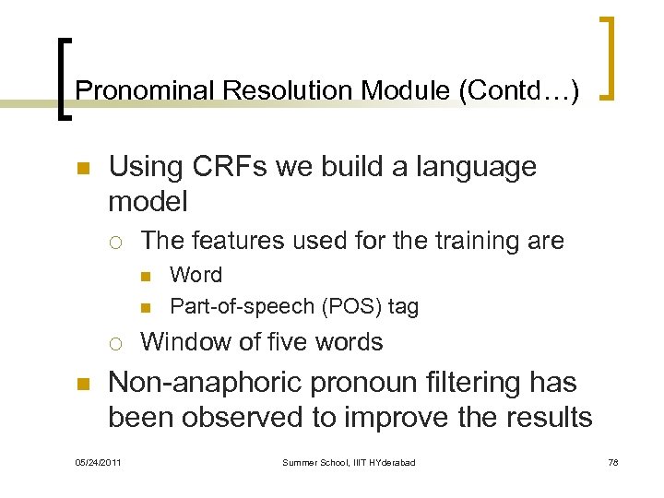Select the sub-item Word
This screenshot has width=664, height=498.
point(196,275)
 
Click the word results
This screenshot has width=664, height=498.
point(543,418)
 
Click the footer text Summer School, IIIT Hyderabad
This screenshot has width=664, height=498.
point(349,462)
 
